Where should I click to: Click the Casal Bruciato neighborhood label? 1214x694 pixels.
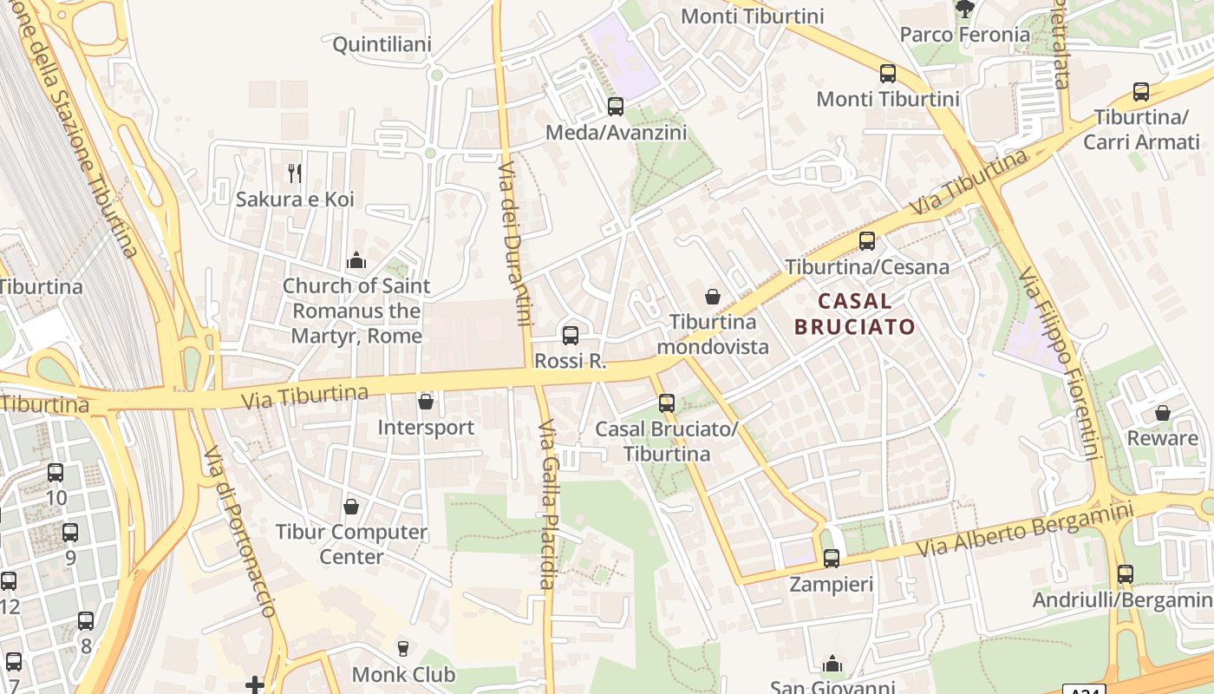855,314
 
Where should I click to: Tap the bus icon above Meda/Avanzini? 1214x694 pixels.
616,107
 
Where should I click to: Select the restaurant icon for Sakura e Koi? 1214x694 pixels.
295,173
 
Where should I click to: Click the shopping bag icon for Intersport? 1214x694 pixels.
426,402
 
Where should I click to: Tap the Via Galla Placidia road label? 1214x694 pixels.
548,505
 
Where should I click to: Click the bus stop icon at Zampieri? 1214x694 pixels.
832,558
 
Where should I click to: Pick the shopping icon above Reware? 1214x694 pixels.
1163,413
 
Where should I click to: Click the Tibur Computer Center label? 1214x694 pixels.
351,544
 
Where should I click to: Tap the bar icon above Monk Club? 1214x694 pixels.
402,648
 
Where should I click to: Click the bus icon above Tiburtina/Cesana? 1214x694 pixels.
867,241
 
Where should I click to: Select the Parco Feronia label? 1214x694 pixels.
965,35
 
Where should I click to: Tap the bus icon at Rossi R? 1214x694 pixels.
571,336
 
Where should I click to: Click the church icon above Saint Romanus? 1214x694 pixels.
356,260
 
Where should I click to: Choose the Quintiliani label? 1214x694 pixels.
382,44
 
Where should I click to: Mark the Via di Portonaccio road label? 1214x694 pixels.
240,531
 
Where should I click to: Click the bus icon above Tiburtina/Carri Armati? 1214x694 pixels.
1141,92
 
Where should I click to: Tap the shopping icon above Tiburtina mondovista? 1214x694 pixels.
713,297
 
